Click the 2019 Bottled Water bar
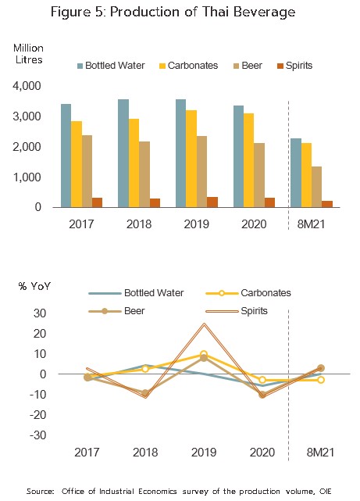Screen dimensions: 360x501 pos(180,153)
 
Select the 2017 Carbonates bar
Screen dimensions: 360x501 pos(77,164)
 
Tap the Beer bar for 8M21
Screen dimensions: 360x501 pos(316,187)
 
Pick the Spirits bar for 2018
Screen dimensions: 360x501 pos(155,203)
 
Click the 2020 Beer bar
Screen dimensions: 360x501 pos(259,175)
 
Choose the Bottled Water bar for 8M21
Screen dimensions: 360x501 pos(296,173)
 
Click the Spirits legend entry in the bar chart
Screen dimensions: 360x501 pos(294,66)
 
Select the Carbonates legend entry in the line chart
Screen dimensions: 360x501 pos(248,292)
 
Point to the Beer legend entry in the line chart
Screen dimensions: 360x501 pos(117,311)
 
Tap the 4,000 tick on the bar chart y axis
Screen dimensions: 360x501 pos(27,86)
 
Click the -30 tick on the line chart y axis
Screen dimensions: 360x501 pos(38,435)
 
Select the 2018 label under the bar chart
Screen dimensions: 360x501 pos(139,224)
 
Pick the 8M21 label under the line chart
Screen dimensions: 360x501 pos(320,453)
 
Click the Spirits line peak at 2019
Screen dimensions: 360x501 pos(204,324)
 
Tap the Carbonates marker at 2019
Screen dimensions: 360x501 pos(204,354)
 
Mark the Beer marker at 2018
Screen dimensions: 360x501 pos(145,393)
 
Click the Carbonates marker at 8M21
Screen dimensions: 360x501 pos(321,380)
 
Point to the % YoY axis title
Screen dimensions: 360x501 pos(34,285)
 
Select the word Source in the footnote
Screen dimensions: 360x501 pos(40,491)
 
